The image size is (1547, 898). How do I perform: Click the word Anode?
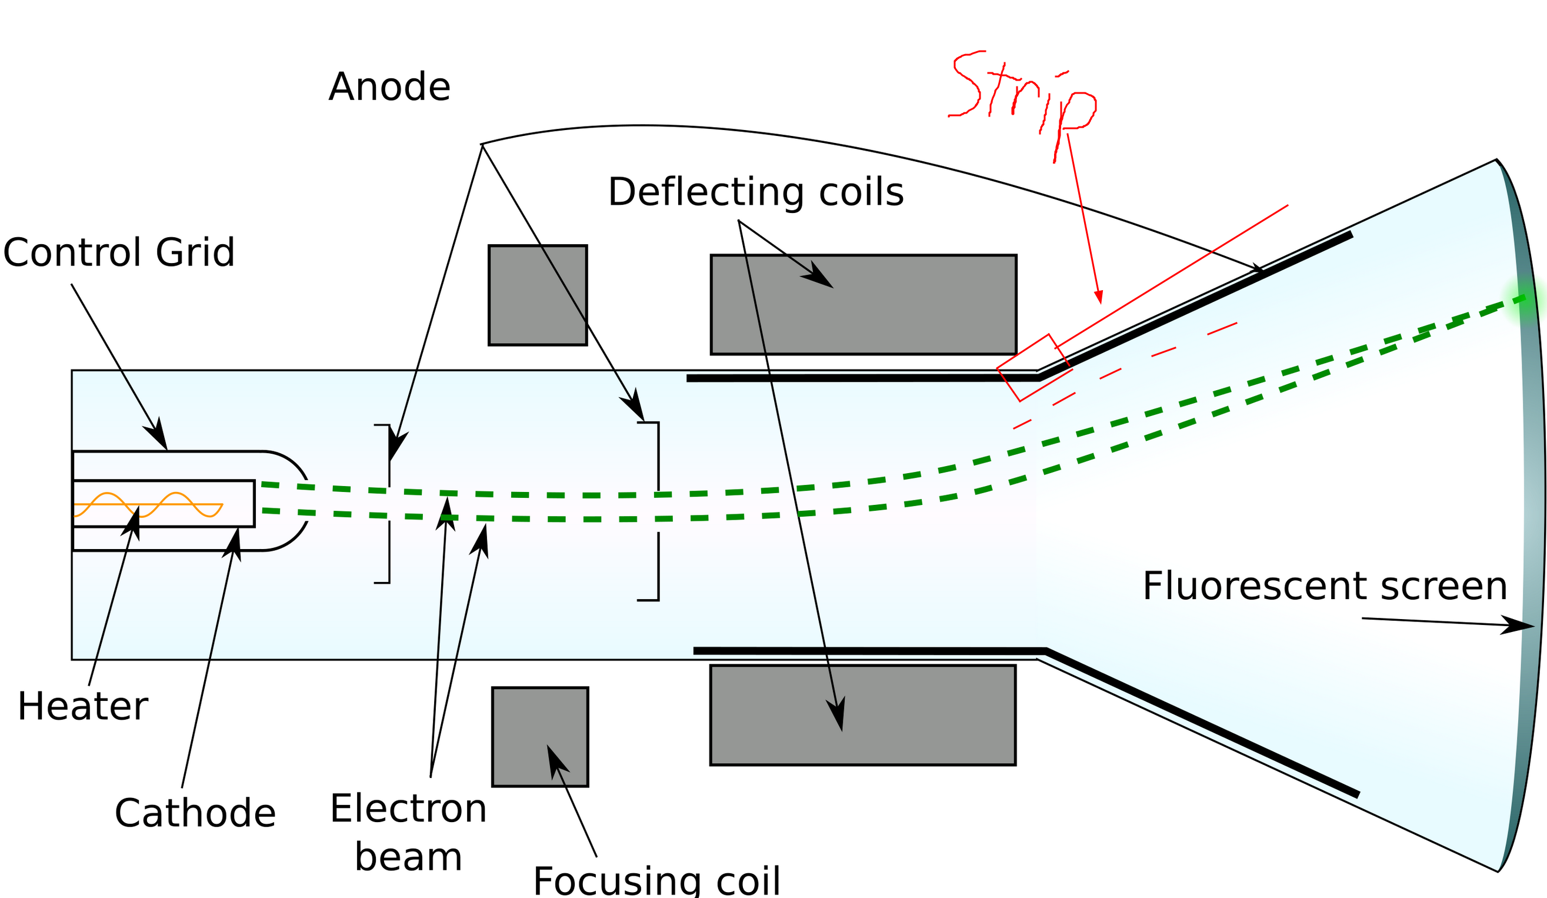coord(389,87)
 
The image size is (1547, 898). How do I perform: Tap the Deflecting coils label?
coord(755,192)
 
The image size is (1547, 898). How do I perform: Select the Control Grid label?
coord(118,252)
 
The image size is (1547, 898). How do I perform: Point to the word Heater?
coord(82,706)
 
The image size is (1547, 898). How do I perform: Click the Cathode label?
coord(195,813)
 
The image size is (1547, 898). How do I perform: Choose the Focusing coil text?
coord(656,882)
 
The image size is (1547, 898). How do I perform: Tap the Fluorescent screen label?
coord(1324,586)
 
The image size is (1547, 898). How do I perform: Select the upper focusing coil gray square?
coord(537,295)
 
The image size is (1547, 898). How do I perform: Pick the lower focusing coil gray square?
coord(539,737)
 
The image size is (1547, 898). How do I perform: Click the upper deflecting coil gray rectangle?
coord(863,305)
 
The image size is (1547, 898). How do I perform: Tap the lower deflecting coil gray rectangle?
coord(862,715)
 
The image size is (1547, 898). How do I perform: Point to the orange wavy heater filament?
coord(147,504)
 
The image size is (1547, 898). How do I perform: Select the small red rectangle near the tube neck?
coord(1034,367)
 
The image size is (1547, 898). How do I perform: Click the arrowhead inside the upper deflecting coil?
coord(818,277)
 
